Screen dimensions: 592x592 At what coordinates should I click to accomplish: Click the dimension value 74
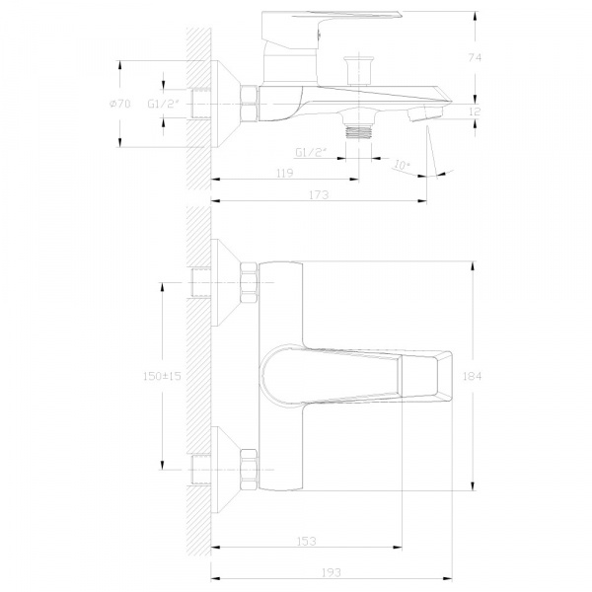coord(475,58)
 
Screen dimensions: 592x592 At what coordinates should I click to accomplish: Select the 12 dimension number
coord(475,111)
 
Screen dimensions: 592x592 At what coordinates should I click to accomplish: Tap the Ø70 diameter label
coord(120,104)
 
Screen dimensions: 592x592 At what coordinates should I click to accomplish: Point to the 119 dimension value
coord(285,173)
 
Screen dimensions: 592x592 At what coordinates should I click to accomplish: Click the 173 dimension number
coord(319,194)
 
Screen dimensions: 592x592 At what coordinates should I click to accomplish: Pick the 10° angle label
coord(402,165)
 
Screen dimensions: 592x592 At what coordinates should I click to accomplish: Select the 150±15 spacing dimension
coord(163,376)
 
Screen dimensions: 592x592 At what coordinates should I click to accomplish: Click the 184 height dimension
coord(473,376)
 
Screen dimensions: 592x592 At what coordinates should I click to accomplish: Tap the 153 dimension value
coord(307,542)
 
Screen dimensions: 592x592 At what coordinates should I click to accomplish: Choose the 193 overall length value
coord(332,572)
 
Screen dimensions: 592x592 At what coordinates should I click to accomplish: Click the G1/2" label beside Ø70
coord(163,104)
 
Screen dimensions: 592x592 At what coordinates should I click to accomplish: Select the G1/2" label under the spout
coord(311,153)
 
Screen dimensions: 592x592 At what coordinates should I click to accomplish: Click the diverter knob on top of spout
coord(359,71)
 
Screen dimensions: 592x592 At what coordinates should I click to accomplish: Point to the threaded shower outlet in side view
coord(359,133)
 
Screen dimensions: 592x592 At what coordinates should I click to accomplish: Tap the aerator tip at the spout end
coord(425,113)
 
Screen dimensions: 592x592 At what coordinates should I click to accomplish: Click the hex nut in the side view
coord(250,104)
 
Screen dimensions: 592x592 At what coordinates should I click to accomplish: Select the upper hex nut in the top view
coord(250,282)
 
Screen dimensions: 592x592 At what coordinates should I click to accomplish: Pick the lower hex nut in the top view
coord(250,470)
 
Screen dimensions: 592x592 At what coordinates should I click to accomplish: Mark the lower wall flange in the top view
coord(226,470)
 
